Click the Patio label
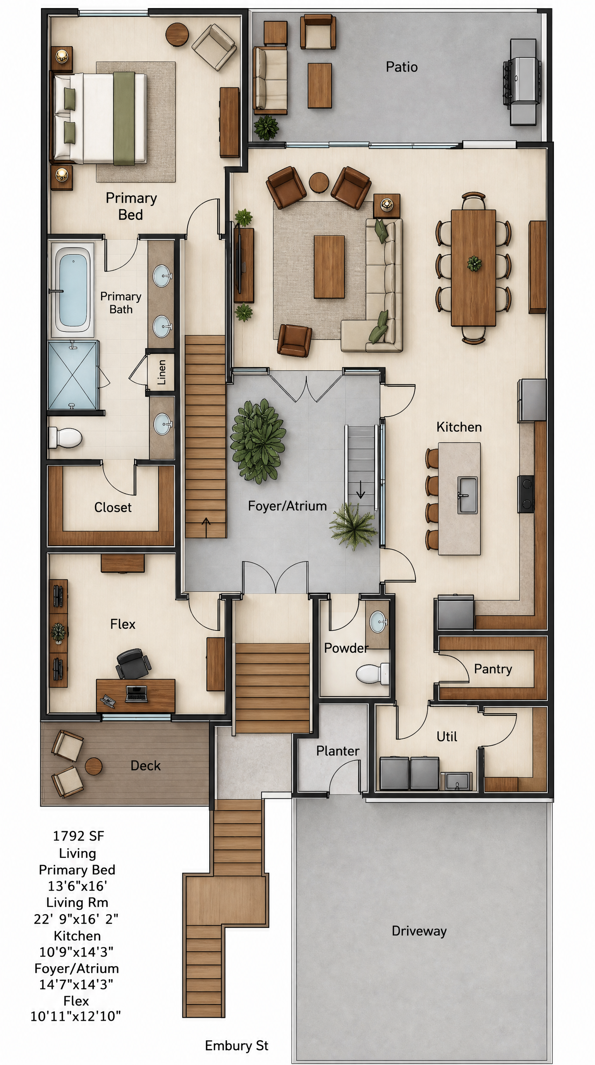click(x=401, y=67)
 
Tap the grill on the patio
click(x=522, y=82)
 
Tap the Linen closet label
click(x=162, y=372)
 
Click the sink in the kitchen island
click(x=467, y=495)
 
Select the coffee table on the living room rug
click(x=329, y=267)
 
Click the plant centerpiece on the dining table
click(x=474, y=264)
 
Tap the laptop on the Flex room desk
click(x=136, y=693)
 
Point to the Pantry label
click(x=493, y=668)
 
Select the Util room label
click(x=447, y=736)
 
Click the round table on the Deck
click(x=93, y=766)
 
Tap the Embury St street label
click(x=236, y=1046)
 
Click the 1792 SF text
click(x=78, y=836)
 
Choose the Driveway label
click(x=419, y=931)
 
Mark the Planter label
click(x=338, y=751)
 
